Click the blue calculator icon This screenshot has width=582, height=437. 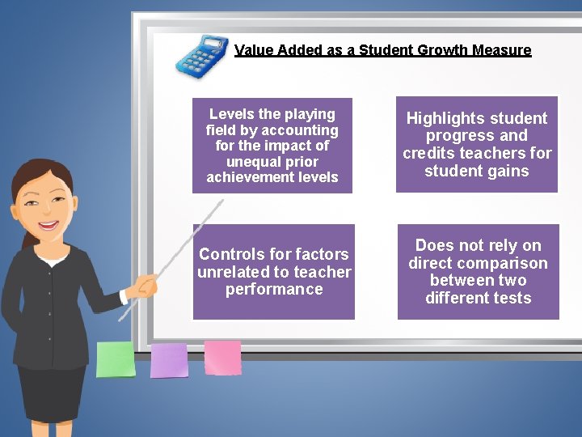pos(202,56)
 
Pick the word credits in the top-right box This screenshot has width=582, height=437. pos(430,153)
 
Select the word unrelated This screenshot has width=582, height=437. pos(234,272)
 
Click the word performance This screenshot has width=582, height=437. pos(274,289)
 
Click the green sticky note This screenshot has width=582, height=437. pos(116,359)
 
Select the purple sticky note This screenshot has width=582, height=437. pos(169,360)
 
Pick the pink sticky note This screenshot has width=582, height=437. pos(222,357)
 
